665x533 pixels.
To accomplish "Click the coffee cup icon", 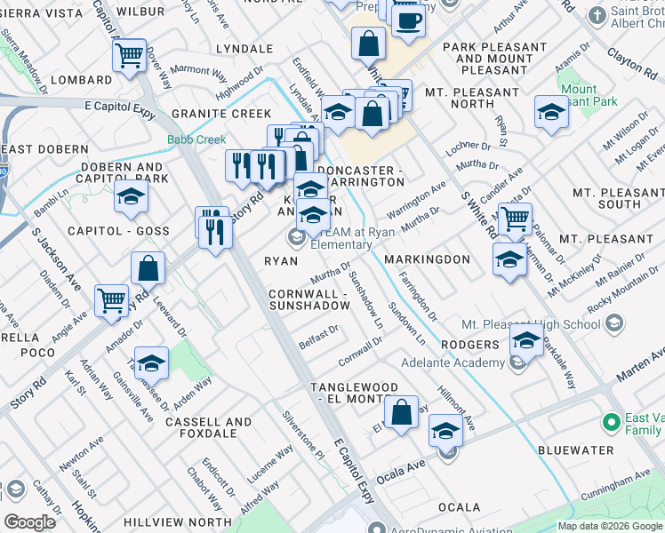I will pyautogui.click(x=408, y=20).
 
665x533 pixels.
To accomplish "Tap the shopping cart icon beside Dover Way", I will pyautogui.click(x=130, y=55).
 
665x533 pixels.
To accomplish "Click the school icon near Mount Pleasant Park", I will pyautogui.click(x=551, y=112).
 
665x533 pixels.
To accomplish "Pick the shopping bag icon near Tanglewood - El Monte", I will pyautogui.click(x=401, y=412).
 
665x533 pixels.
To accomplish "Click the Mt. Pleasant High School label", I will pyautogui.click(x=530, y=324).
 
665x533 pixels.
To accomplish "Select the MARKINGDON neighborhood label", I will pyautogui.click(x=427, y=259).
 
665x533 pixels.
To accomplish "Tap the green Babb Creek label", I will pyautogui.click(x=196, y=139).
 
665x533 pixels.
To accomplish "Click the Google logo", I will pyautogui.click(x=29, y=522).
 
